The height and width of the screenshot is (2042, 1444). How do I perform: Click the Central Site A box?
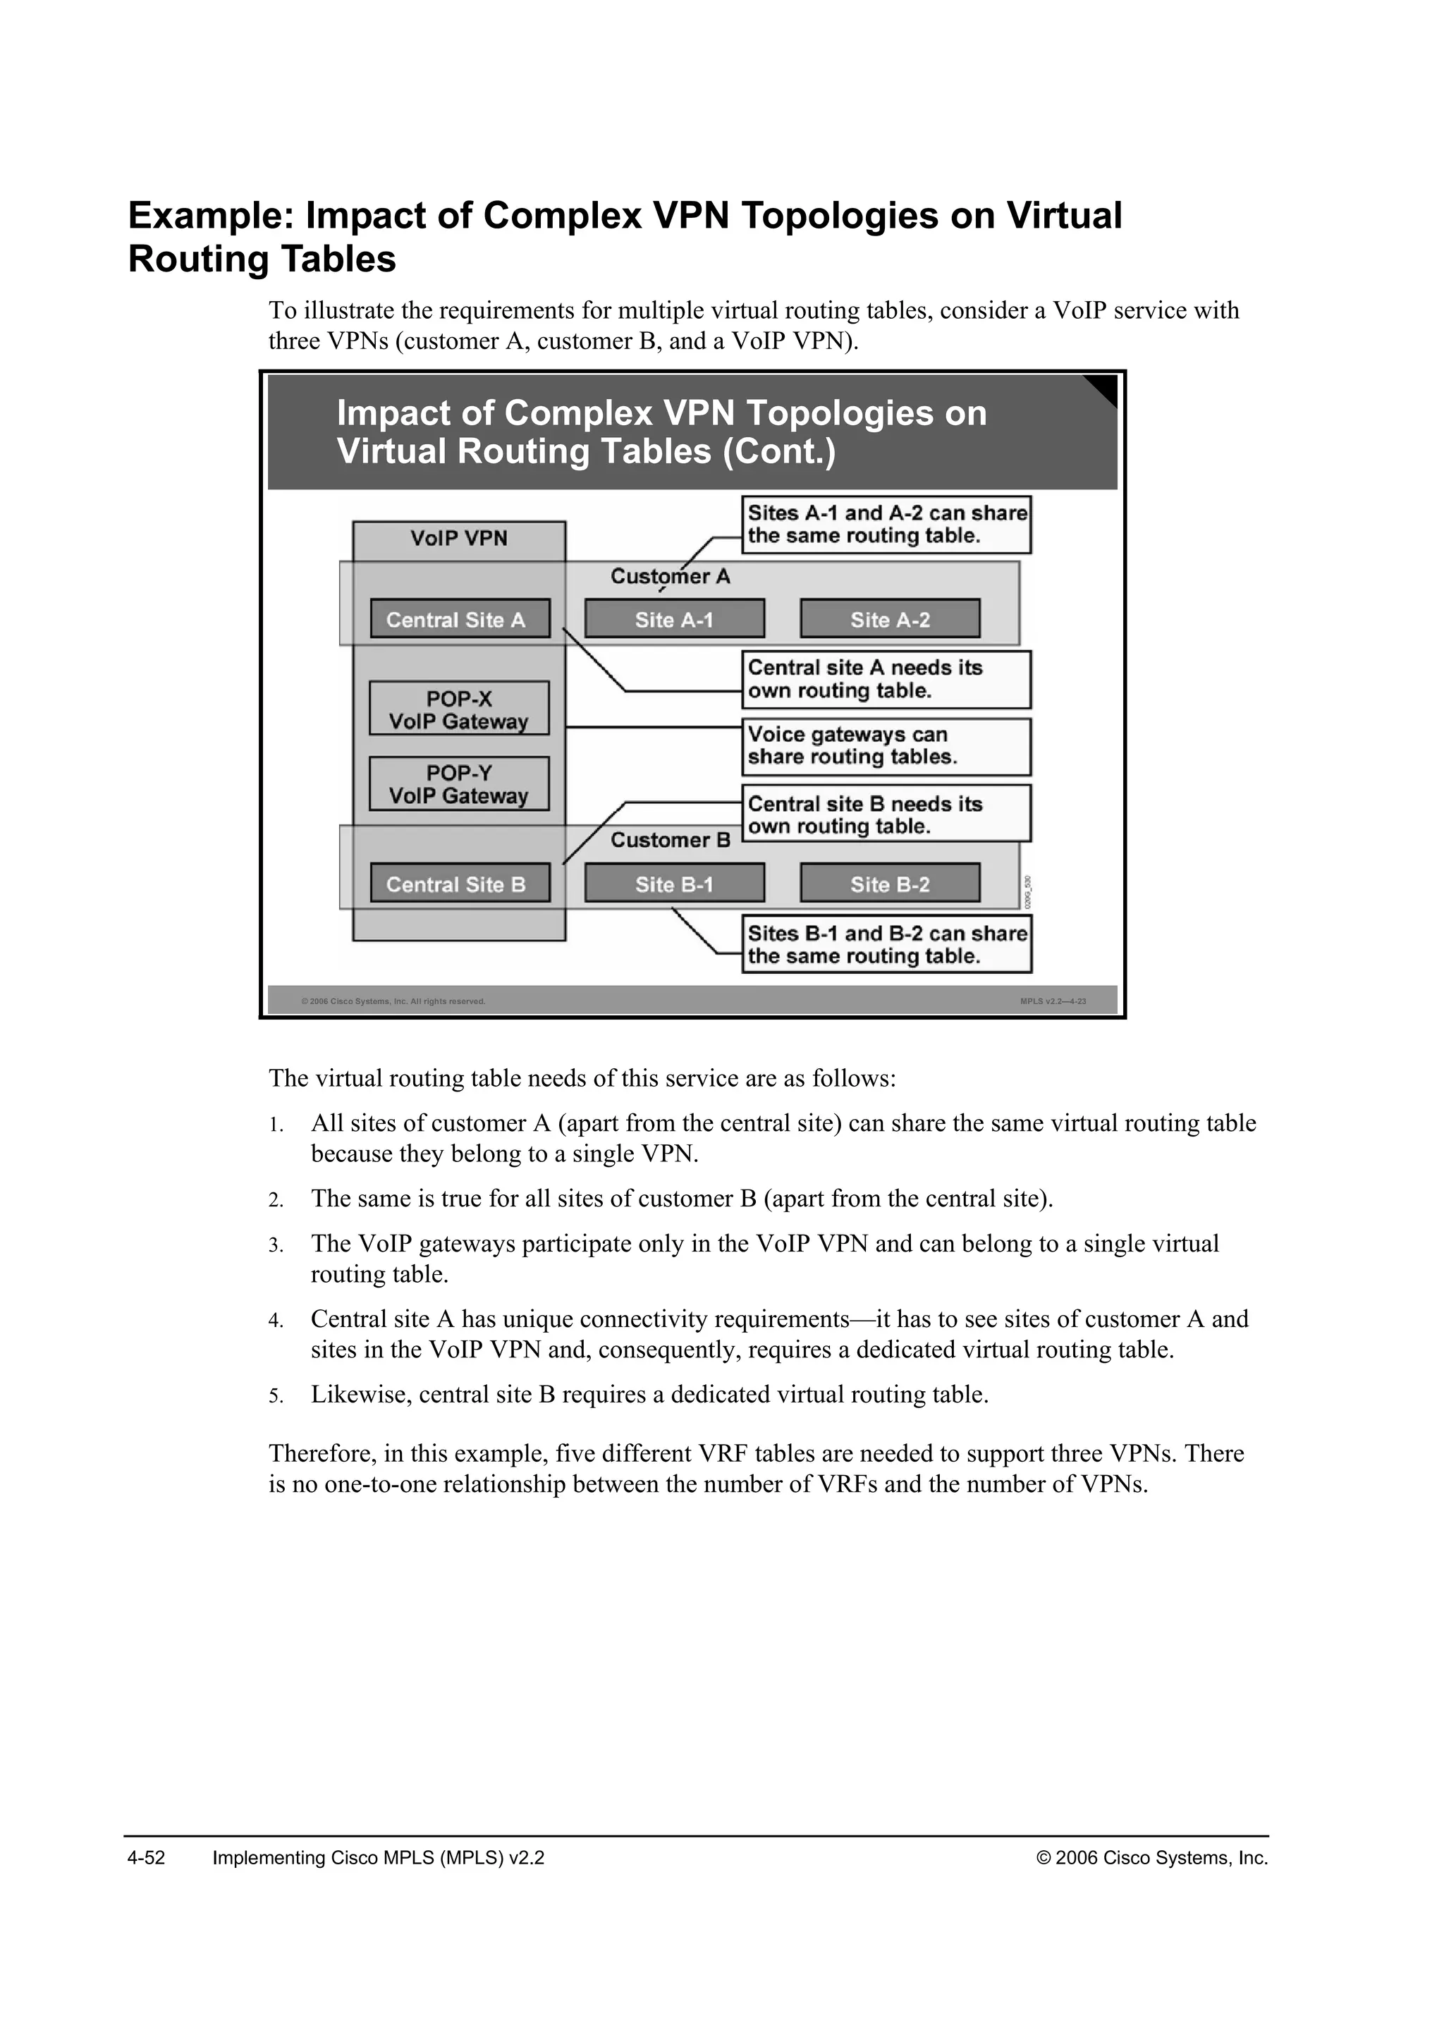460,619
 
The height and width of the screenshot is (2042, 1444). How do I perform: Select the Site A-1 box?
674,619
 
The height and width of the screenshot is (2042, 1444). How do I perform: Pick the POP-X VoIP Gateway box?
459,709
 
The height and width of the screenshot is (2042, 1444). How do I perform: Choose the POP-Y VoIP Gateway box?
459,783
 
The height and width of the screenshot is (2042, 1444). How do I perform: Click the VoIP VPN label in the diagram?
459,538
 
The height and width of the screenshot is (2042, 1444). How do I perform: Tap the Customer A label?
670,576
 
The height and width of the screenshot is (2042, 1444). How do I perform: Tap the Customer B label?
670,840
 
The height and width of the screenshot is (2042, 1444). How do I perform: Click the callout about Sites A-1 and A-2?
886,525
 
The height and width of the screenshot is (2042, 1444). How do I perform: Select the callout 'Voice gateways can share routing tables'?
886,746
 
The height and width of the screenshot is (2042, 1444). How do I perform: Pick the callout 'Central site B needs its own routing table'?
886,814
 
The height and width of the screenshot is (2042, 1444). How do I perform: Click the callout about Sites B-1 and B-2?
886,945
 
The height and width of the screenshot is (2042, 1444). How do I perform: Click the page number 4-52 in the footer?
147,1858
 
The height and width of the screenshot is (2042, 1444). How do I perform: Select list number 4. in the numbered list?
276,1321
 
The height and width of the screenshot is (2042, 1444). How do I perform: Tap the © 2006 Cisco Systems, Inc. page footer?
1152,1858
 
